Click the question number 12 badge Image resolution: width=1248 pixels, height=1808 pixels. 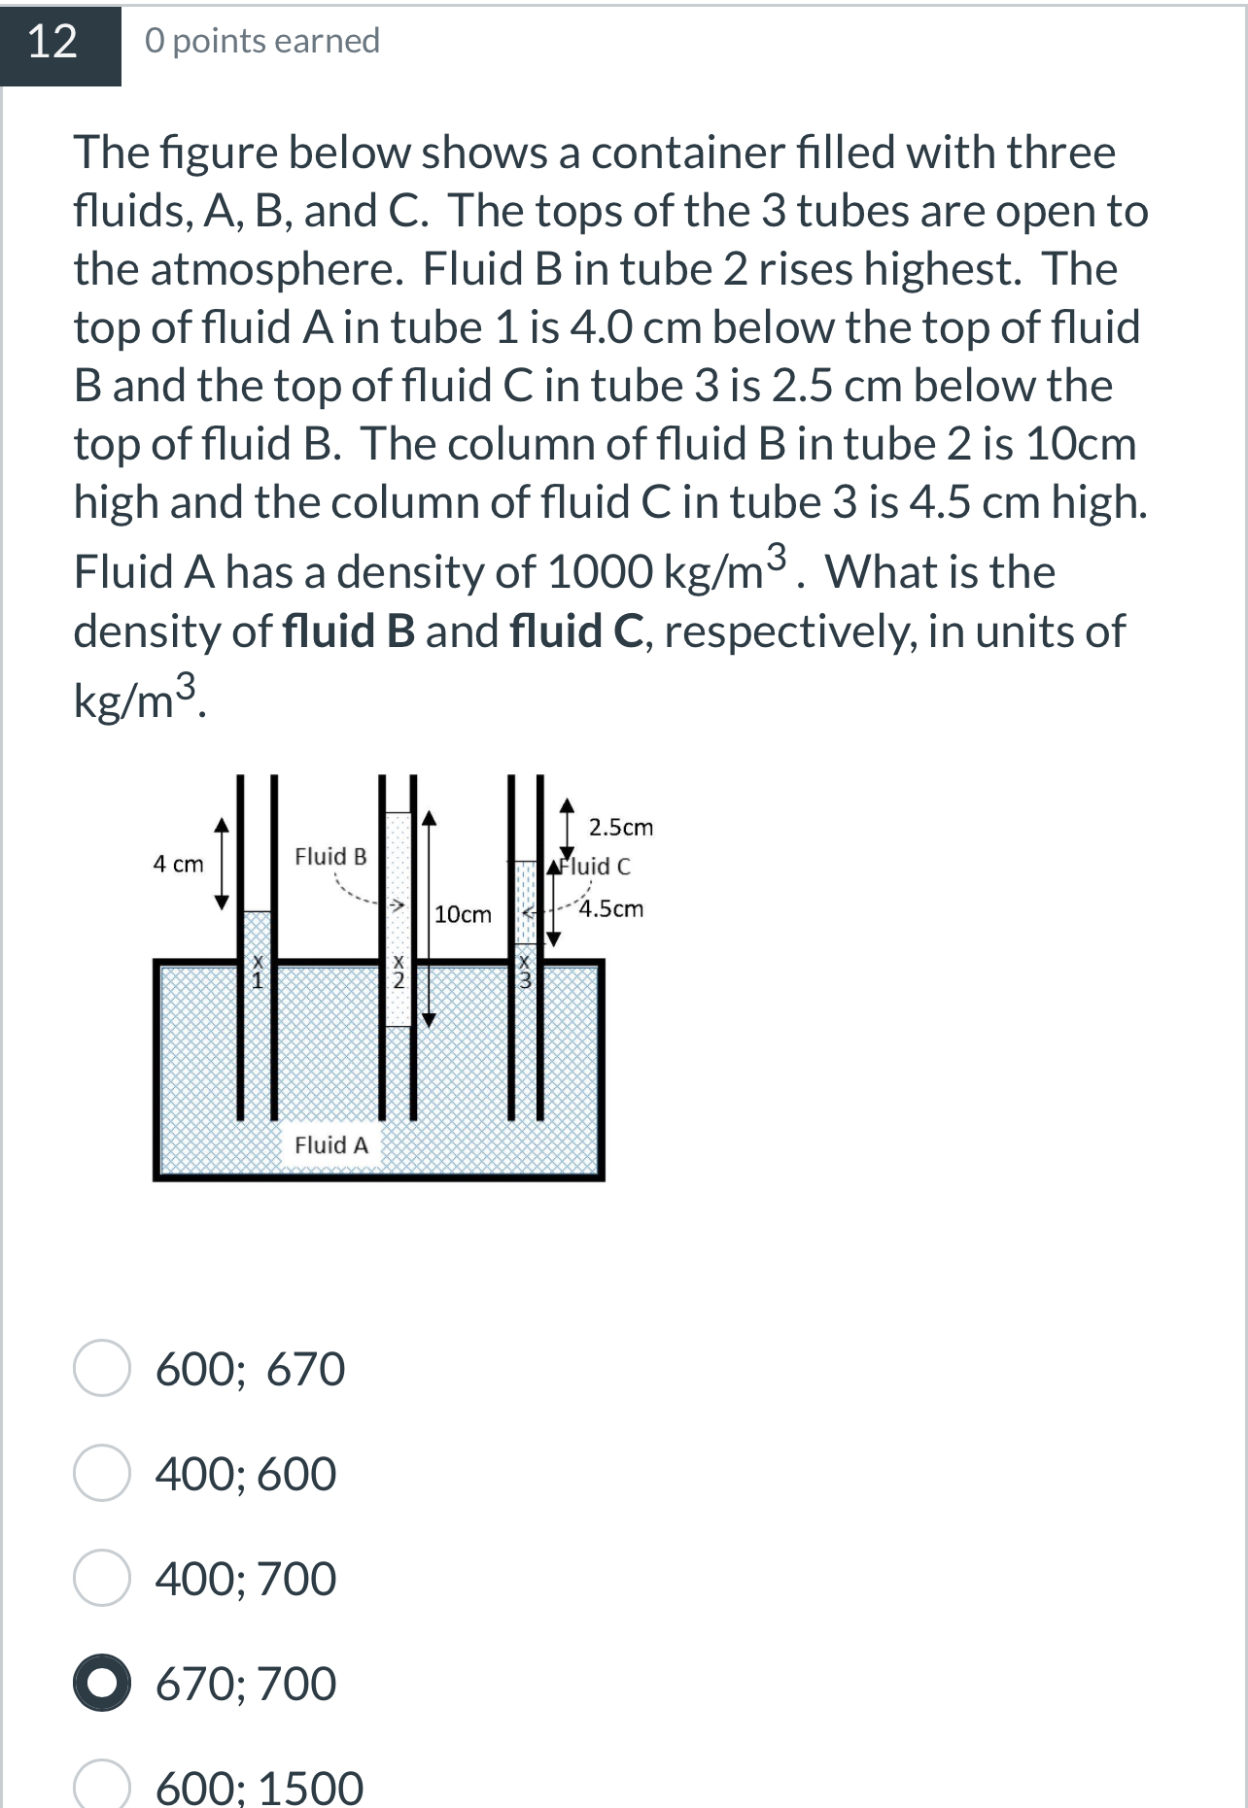click(x=53, y=43)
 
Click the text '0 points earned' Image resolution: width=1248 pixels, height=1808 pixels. click(x=262, y=42)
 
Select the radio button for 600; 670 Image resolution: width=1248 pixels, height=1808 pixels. click(x=101, y=1368)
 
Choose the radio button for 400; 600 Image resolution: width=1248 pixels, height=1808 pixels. click(x=101, y=1473)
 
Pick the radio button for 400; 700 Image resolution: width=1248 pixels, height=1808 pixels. click(x=101, y=1578)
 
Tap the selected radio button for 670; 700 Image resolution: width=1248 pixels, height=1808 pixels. click(x=101, y=1683)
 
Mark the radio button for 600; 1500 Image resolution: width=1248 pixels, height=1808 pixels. click(x=101, y=1786)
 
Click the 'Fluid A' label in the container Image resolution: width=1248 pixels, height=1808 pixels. click(x=331, y=1144)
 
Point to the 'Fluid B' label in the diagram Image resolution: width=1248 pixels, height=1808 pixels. click(x=330, y=856)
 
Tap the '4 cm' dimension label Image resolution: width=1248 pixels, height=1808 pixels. click(x=178, y=864)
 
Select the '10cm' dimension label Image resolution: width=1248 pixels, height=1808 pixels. click(x=463, y=914)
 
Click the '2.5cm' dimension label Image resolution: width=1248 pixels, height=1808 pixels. click(x=621, y=828)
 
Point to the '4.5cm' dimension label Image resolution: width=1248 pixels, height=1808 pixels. click(x=611, y=908)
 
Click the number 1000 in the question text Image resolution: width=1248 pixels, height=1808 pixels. click(x=600, y=571)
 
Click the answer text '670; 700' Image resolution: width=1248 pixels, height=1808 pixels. click(x=246, y=1684)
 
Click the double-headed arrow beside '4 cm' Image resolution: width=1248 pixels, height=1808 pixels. click(x=223, y=863)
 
